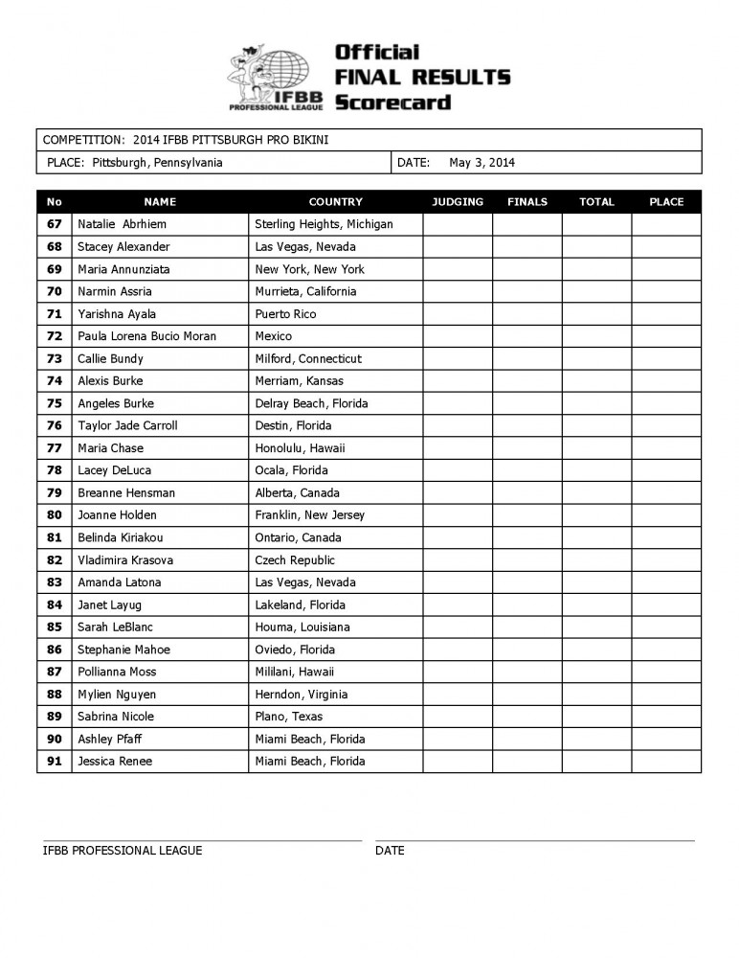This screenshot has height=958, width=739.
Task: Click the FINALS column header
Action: (x=527, y=202)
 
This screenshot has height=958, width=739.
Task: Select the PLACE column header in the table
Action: (x=666, y=202)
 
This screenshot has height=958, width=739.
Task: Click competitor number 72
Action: (x=55, y=336)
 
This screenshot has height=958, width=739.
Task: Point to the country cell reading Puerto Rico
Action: (x=285, y=314)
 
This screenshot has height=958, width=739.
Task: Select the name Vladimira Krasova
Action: (x=125, y=560)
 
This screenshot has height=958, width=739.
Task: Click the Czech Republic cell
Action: (x=295, y=560)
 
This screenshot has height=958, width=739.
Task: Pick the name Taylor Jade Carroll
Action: (x=127, y=425)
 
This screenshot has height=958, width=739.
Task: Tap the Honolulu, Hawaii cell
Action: (x=300, y=448)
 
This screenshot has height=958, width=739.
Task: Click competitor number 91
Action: (x=55, y=762)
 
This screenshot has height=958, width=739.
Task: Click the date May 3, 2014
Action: (x=481, y=163)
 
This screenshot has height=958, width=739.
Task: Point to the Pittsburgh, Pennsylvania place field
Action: (x=158, y=163)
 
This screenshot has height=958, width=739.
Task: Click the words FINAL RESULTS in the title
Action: (x=422, y=78)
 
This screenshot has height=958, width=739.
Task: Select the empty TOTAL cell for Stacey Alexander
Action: (x=596, y=247)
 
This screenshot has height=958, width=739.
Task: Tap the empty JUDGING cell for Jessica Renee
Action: (x=458, y=762)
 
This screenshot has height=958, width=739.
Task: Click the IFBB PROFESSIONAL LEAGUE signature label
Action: (x=123, y=851)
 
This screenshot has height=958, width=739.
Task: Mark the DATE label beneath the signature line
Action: (x=390, y=851)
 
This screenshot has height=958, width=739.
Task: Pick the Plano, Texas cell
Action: (x=288, y=717)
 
